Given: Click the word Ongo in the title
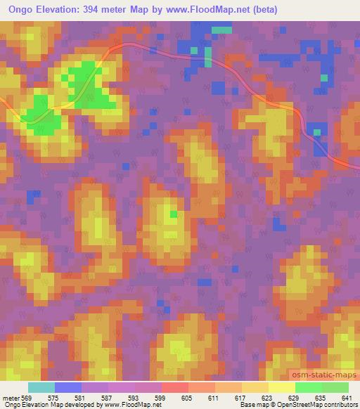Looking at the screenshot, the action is click(x=18, y=10).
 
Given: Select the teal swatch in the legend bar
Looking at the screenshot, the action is click(x=41, y=387).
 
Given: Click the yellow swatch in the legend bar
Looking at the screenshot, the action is click(x=281, y=387).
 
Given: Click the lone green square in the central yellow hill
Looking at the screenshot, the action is click(x=173, y=214).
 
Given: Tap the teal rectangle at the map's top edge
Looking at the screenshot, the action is click(x=222, y=30).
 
